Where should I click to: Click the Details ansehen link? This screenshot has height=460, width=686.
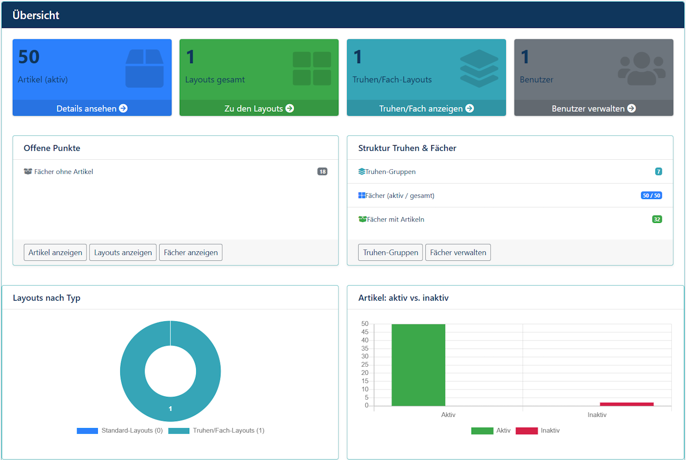point(92,108)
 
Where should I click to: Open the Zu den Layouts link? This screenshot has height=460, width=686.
point(259,108)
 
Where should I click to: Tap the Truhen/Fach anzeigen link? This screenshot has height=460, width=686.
point(426,108)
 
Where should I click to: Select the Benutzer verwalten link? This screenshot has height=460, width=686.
point(594,108)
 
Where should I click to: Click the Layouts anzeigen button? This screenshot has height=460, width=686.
point(123,253)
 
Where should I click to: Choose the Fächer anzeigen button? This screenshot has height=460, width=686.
point(191,253)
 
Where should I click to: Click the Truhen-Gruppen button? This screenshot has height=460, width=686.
point(390,253)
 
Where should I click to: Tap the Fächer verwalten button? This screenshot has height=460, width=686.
point(458,253)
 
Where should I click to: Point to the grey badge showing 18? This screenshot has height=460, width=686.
point(322,172)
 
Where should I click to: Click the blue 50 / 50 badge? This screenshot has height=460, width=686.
point(651,195)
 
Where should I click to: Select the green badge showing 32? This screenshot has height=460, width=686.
point(657,219)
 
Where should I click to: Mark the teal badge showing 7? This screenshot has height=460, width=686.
point(659,172)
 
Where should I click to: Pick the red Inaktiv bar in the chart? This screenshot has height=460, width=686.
point(627,404)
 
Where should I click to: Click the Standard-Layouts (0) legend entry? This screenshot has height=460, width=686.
point(120,431)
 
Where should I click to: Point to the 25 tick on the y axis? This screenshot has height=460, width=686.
point(364,365)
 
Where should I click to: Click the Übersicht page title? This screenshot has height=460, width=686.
point(36,15)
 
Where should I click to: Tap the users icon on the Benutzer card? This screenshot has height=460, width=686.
point(642,69)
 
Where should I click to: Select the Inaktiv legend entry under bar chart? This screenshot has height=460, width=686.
point(538,431)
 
